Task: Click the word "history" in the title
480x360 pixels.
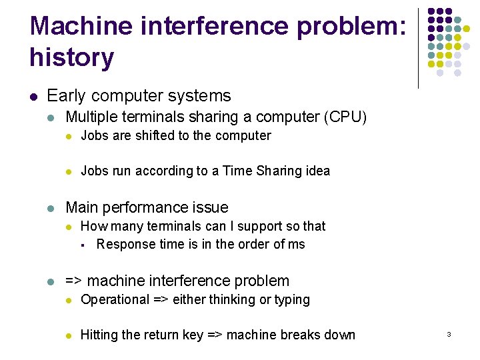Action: click(x=71, y=58)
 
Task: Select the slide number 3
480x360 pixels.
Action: click(x=449, y=334)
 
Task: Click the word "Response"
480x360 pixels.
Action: click(x=125, y=244)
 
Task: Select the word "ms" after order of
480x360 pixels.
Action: click(x=297, y=244)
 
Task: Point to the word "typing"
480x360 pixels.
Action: click(x=289, y=300)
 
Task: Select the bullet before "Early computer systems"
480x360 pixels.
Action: click(x=33, y=97)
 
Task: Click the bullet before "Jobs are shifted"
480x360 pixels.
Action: click(x=67, y=137)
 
